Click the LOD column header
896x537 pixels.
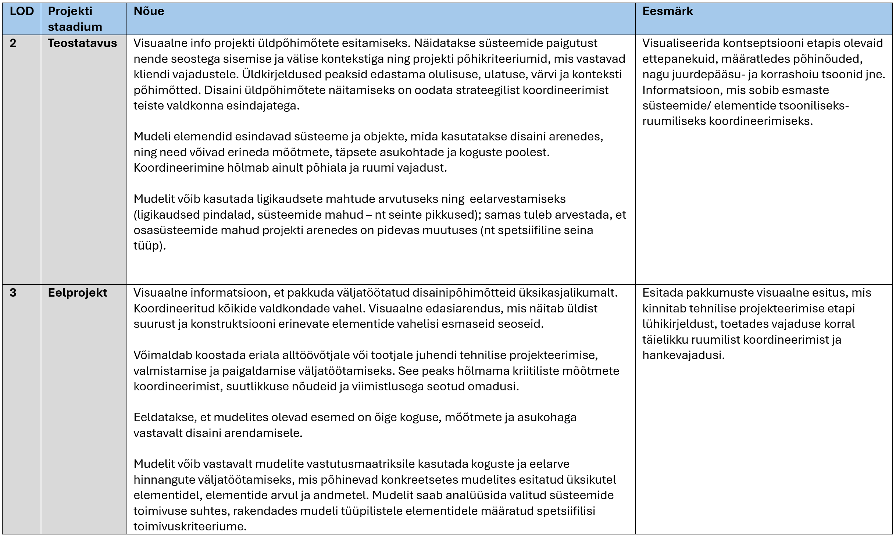(22, 11)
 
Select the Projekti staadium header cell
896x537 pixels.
(75, 19)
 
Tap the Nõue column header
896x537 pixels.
(149, 11)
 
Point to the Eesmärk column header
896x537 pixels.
(667, 11)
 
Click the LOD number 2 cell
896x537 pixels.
(13, 43)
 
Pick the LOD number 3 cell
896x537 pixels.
(13, 293)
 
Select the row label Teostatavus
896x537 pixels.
(82, 43)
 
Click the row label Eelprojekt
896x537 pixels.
(78, 293)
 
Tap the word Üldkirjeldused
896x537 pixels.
(283, 75)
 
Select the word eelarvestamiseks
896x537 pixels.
(517, 199)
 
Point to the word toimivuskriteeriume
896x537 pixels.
(190, 527)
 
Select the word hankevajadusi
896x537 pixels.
(683, 355)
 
